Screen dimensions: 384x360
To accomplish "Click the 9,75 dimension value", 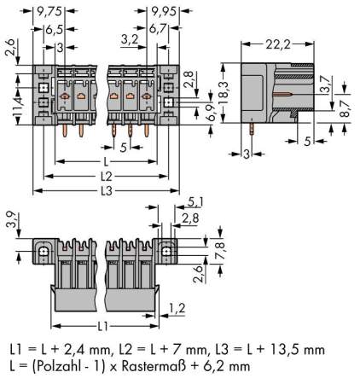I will pos(48,12).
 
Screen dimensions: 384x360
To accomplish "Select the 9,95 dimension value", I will pos(164,12).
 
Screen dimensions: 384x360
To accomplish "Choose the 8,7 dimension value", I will pos(345,98).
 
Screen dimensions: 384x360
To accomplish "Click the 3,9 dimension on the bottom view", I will pos(9,220).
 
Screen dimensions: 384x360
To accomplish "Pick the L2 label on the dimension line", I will pos(105,175).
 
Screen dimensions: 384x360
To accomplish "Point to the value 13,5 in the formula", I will pos(292,350).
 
